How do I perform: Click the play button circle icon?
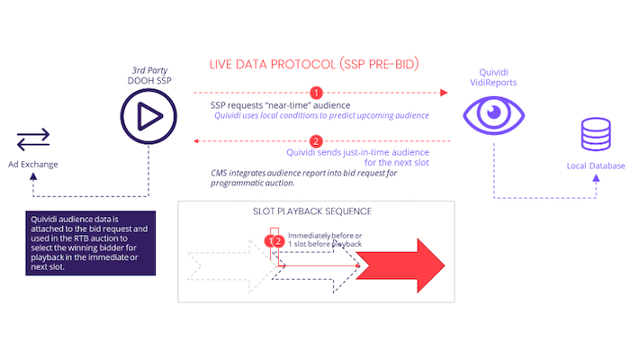[148, 116]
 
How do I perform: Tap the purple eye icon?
[494, 115]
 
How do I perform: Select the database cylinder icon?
[596, 134]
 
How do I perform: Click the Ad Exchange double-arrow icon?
[33, 139]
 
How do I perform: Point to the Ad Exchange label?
[33, 165]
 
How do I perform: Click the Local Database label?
[596, 166]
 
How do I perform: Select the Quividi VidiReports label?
[493, 77]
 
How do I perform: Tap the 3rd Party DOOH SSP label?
[149, 76]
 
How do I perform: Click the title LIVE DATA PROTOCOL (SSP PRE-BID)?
[314, 64]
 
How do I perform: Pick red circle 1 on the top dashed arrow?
[316, 93]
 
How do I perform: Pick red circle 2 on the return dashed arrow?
[316, 141]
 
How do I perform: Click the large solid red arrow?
[400, 265]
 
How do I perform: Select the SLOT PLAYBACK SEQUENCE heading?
[312, 211]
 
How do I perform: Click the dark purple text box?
[90, 243]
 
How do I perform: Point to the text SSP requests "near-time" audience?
[281, 105]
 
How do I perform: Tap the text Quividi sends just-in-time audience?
[357, 152]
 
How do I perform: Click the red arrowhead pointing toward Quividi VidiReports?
[444, 93]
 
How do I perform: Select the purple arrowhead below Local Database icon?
[596, 178]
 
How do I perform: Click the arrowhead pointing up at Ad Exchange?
[33, 176]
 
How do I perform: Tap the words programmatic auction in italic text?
[252, 183]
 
